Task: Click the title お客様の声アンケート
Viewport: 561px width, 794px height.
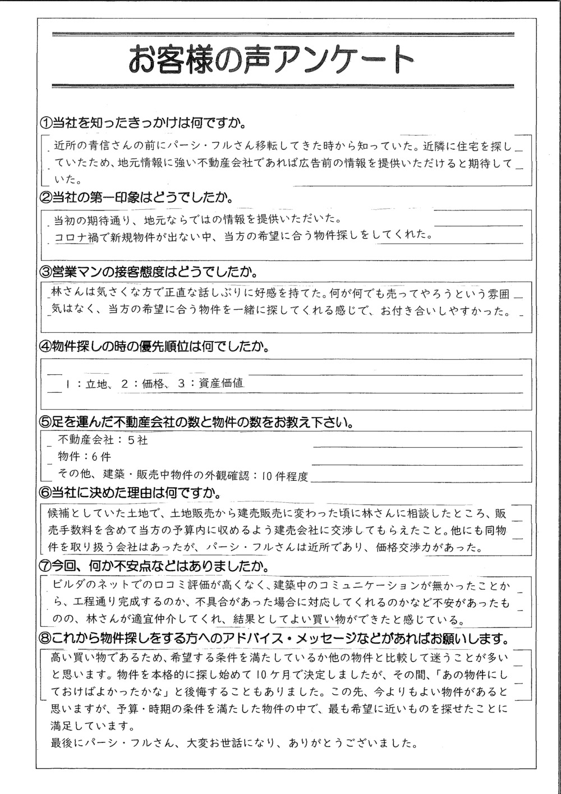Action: tap(272, 59)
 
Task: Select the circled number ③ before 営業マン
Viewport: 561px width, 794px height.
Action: tap(44, 273)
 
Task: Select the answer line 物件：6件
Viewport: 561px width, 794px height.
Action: tap(84, 457)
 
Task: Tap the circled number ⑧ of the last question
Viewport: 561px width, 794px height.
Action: tap(44, 639)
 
